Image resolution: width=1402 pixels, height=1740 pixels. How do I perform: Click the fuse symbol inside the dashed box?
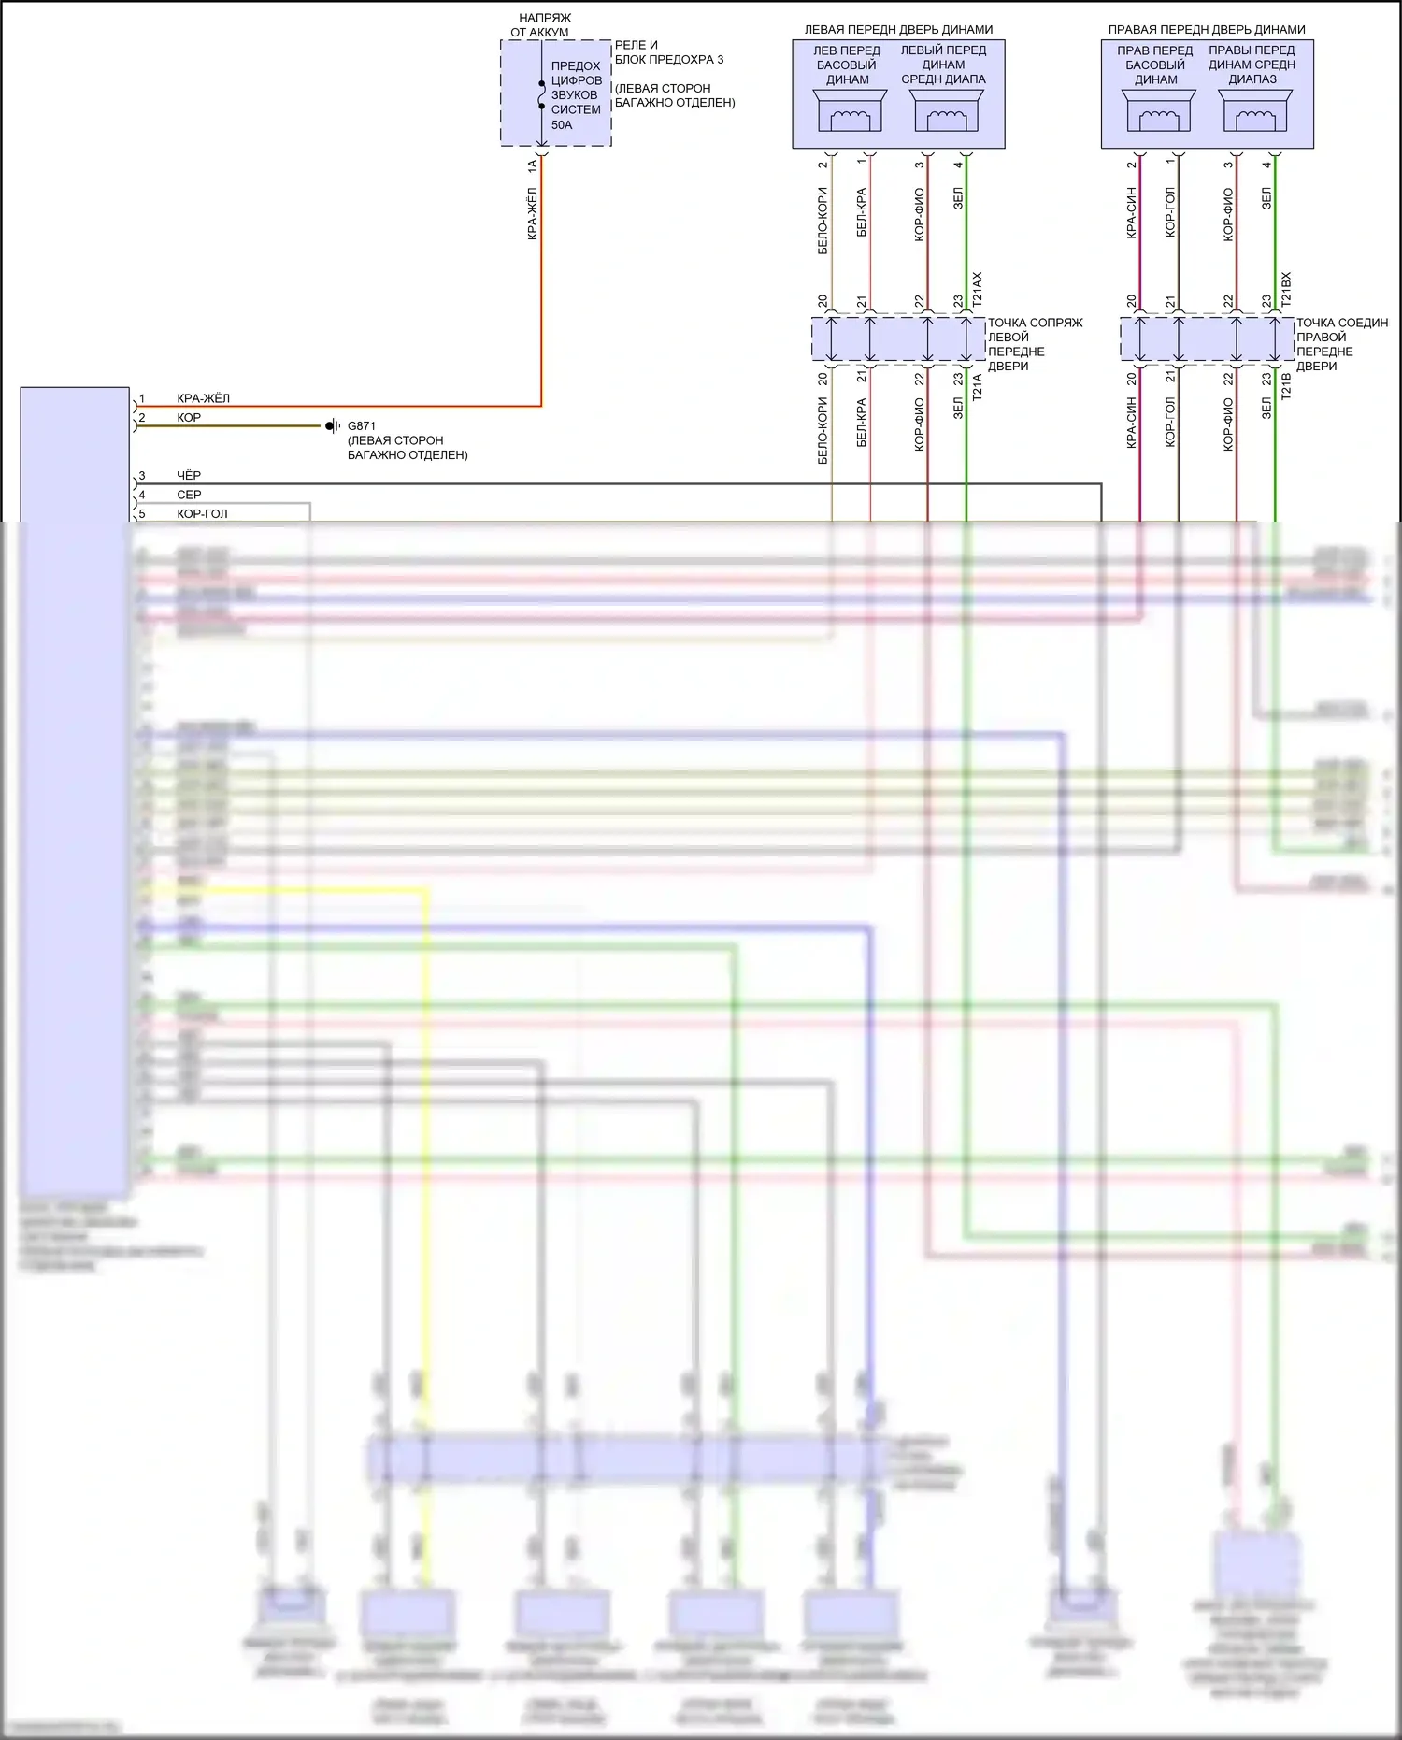(x=541, y=94)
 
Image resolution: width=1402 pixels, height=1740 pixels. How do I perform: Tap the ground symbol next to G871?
(x=332, y=426)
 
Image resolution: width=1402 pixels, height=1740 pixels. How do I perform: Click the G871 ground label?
(x=362, y=426)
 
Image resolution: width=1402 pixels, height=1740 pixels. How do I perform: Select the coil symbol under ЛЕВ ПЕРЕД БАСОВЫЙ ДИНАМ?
(x=848, y=118)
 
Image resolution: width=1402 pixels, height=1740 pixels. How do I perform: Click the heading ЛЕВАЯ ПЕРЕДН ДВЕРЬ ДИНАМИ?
(x=898, y=30)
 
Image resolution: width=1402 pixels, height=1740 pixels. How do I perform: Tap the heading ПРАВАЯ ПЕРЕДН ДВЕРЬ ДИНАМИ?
(x=1207, y=30)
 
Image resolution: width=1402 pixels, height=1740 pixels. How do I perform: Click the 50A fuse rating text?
(x=562, y=124)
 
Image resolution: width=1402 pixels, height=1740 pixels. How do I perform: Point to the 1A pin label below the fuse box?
(x=533, y=165)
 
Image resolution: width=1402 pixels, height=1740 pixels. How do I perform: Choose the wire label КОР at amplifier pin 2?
(x=189, y=418)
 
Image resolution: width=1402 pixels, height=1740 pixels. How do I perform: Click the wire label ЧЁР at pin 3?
(x=189, y=476)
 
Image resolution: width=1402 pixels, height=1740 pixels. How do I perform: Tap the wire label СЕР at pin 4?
(x=189, y=495)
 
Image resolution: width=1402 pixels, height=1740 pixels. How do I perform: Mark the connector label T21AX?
(x=978, y=290)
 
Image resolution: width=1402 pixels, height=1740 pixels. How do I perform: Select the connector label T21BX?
(x=1286, y=290)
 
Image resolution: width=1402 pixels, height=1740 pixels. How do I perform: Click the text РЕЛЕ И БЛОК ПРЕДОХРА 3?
(x=669, y=52)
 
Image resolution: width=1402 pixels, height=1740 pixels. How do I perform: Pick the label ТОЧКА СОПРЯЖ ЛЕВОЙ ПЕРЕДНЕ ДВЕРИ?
(x=1035, y=344)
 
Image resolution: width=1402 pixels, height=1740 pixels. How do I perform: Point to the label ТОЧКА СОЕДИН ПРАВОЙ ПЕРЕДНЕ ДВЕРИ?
(x=1341, y=344)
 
